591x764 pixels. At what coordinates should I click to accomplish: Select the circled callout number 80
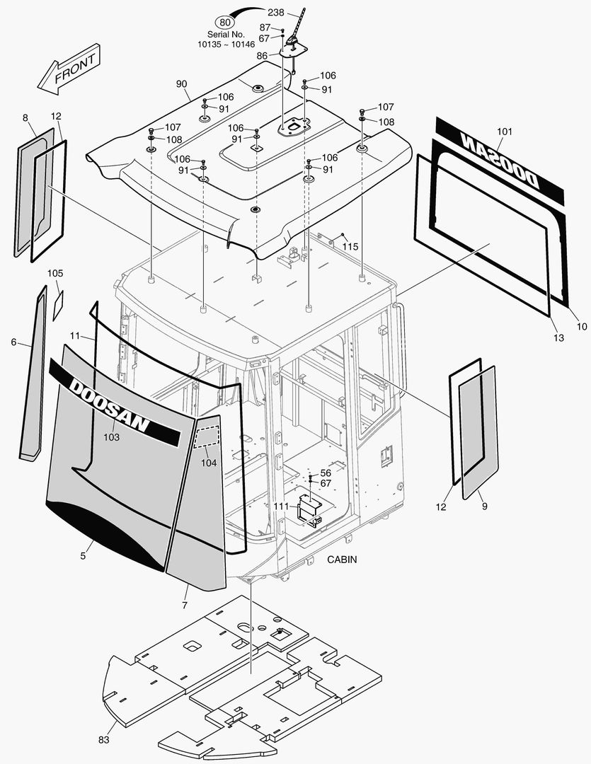click(226, 22)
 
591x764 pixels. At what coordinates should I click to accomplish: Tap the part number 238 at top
click(277, 13)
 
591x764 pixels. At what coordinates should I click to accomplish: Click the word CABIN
click(342, 560)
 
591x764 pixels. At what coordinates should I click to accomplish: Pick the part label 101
click(505, 132)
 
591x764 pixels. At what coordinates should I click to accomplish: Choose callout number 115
click(350, 246)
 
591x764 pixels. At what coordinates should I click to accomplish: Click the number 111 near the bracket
click(281, 507)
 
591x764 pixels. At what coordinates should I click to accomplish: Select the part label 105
click(55, 273)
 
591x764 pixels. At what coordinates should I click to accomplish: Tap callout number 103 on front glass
click(112, 437)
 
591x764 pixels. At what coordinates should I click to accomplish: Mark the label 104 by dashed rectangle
click(209, 463)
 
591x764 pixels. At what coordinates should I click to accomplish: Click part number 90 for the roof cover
click(182, 84)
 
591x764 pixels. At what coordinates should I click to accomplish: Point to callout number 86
click(262, 55)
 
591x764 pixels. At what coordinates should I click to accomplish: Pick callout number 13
click(558, 339)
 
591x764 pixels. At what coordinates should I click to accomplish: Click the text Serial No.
click(225, 34)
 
